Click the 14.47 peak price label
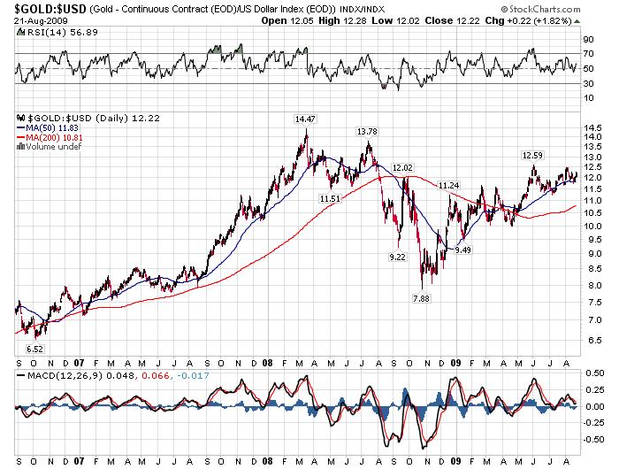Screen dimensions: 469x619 click(306, 118)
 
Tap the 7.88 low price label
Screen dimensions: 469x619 click(423, 298)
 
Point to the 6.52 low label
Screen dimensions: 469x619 click(35, 349)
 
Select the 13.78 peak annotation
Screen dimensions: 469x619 click(367, 132)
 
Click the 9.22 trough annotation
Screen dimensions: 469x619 click(399, 257)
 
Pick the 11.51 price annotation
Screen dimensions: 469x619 click(331, 198)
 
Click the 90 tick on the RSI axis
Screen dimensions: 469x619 click(586, 40)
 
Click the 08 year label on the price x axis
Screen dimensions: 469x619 click(267, 362)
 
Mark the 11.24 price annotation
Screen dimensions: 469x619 click(449, 185)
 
